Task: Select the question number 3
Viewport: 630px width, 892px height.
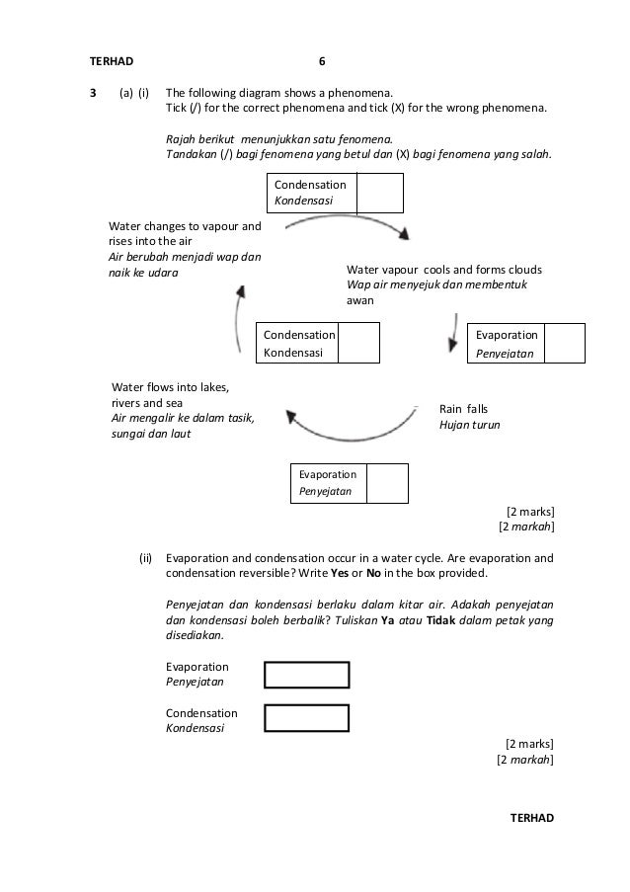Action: coord(93,92)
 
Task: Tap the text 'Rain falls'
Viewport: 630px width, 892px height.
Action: coord(463,408)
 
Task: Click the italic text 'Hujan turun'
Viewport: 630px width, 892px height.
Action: coord(469,425)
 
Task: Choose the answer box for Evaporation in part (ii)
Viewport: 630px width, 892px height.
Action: coord(307,675)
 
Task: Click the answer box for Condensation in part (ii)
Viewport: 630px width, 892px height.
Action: coord(307,717)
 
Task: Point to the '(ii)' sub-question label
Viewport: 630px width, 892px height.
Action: coord(146,558)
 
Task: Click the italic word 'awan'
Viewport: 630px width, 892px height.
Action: coord(359,300)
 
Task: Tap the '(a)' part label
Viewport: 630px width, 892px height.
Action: coord(126,92)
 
